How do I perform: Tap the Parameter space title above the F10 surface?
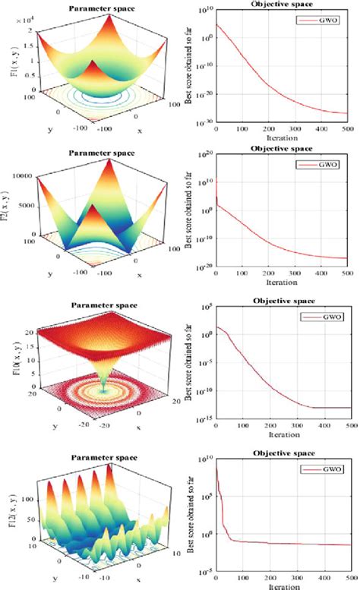coord(101,308)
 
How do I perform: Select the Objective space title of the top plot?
coord(280,5)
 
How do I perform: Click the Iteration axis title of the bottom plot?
coord(281,585)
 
